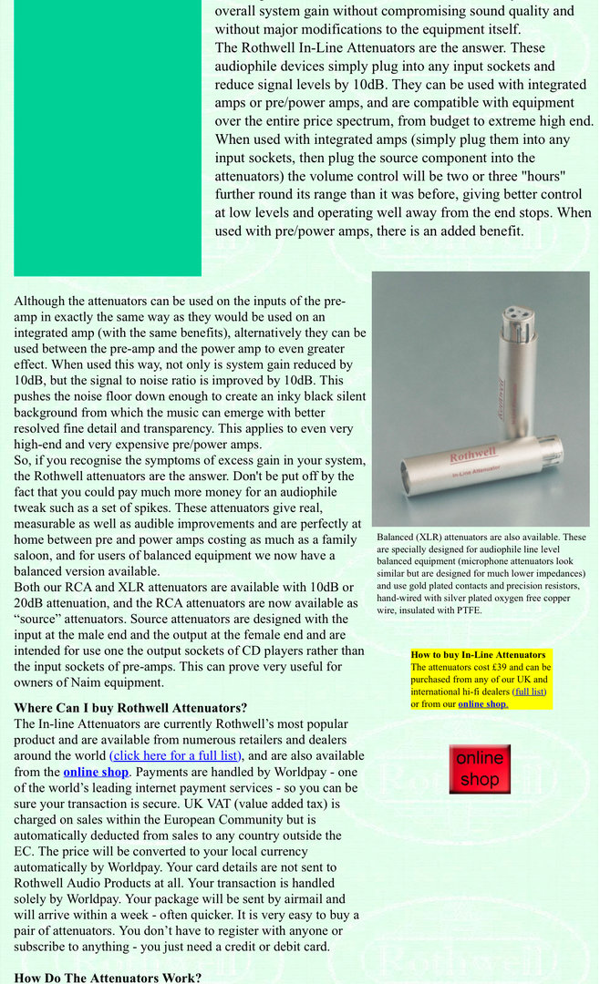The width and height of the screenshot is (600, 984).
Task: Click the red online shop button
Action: tap(479, 769)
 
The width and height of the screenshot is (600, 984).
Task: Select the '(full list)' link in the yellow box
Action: tap(529, 692)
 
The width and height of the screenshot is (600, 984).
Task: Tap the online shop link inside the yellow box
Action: tap(483, 704)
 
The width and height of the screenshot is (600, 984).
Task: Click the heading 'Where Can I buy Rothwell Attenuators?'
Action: tap(130, 708)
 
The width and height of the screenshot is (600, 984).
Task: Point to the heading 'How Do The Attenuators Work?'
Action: tap(109, 978)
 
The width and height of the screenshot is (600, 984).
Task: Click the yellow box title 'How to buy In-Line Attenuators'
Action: tap(478, 655)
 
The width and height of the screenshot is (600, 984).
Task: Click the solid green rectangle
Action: tap(107, 137)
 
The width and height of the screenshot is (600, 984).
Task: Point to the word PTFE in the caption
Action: tap(466, 610)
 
